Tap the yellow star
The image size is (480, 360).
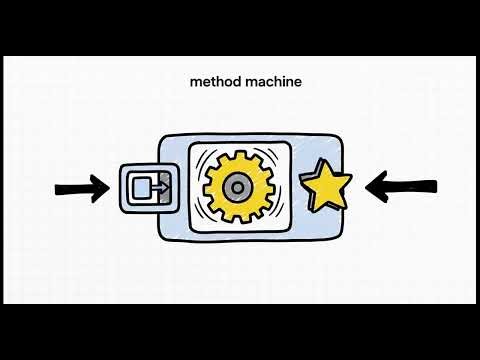point(326,186)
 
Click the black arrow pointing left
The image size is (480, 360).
point(401,185)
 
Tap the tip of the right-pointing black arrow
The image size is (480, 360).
point(107,186)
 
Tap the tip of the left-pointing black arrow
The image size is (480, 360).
point(367,185)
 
